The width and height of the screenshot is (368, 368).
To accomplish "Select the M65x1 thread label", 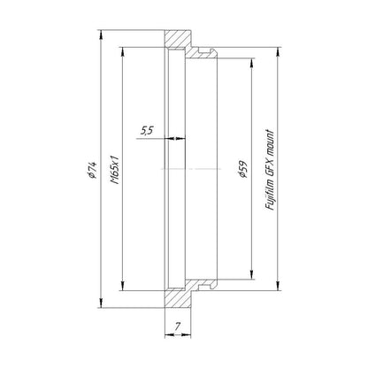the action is [114, 169].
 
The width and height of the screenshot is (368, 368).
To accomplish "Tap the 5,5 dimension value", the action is [146, 130].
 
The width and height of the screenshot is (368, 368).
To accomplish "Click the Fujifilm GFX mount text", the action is [270, 170].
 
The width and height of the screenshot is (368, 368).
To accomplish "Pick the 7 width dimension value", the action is [177, 326].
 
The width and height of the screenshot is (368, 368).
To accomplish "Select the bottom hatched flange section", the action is [178, 299].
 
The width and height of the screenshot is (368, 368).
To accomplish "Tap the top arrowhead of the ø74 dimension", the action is [101, 34].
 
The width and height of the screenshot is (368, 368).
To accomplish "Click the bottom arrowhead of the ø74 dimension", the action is [101, 303].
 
